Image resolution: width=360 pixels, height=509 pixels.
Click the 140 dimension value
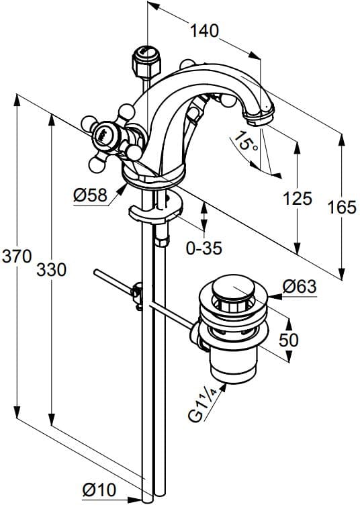204,31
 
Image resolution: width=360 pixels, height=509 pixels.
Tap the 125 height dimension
297,198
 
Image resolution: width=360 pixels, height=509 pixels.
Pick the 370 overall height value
15,256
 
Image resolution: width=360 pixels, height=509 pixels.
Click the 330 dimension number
51,270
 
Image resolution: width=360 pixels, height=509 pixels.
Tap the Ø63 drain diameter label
299,287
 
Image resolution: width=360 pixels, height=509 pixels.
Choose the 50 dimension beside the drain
289,340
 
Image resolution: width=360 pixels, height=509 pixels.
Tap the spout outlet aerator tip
259,119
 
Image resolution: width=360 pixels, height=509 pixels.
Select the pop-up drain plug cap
230,290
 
